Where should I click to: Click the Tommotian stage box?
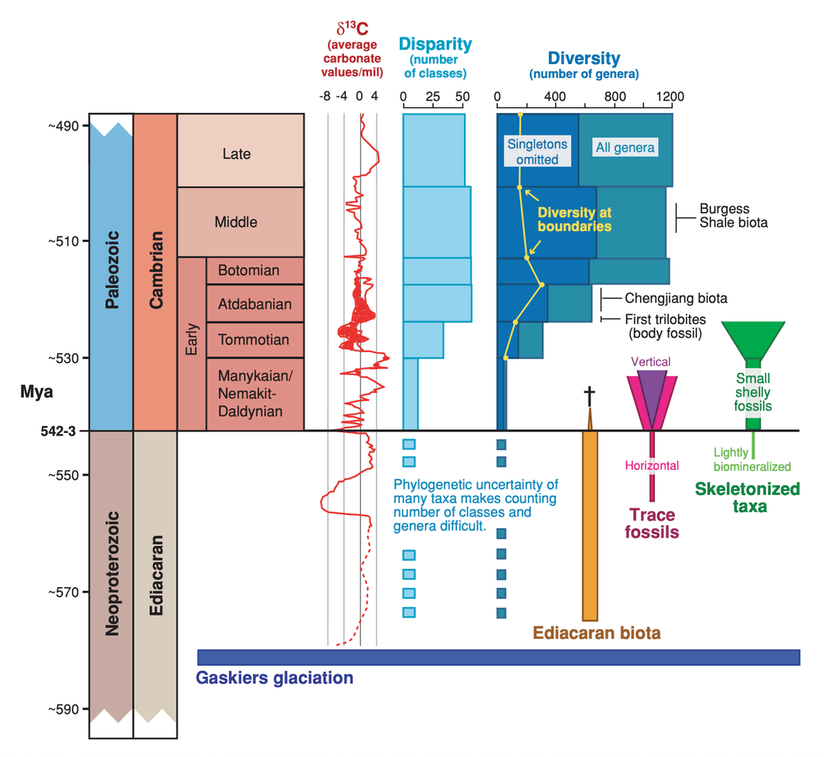pyautogui.click(x=254, y=340)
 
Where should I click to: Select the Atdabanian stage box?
pyautogui.click(x=254, y=304)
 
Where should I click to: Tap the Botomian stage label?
pyautogui.click(x=248, y=271)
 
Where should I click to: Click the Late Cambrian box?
pyautogui.click(x=240, y=154)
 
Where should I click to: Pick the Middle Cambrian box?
pyautogui.click(x=240, y=222)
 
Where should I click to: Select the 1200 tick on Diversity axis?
pyautogui.click(x=670, y=97)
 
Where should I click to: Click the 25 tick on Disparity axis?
pyautogui.click(x=433, y=97)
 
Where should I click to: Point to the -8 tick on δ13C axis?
pyautogui.click(x=326, y=97)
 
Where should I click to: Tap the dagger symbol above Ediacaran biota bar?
pyautogui.click(x=589, y=397)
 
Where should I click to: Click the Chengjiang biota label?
pyautogui.click(x=676, y=298)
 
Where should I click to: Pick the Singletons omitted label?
pyautogui.click(x=537, y=152)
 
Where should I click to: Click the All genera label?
pyautogui.click(x=625, y=148)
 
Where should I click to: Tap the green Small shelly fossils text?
pyautogui.click(x=753, y=392)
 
